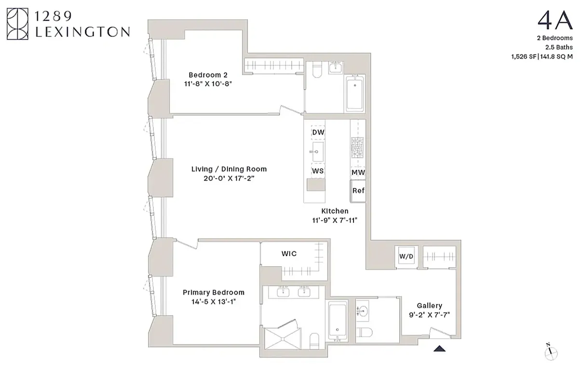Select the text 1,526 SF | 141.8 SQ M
[x=542, y=56]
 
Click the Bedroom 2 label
[x=208, y=75]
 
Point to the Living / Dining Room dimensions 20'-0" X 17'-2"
[x=229, y=178]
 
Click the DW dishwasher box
[x=318, y=132]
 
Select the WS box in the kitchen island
[x=317, y=171]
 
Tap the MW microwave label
[x=358, y=172]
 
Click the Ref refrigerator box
[x=358, y=191]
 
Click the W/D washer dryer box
[x=406, y=257]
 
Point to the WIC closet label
[x=289, y=254]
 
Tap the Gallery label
[x=429, y=305]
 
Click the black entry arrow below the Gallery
[x=439, y=348]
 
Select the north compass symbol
[x=551, y=353]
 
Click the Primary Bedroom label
[x=213, y=292]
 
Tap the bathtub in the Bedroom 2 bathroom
[x=355, y=93]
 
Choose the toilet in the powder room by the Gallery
[x=365, y=332]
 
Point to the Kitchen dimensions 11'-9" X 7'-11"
[x=335, y=220]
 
